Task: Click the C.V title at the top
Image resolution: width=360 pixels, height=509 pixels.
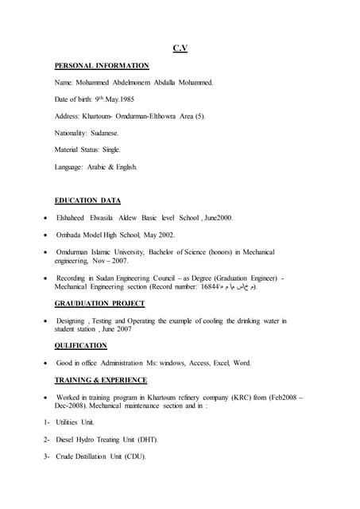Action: (180, 49)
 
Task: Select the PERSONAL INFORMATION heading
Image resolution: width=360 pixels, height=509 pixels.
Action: (102, 65)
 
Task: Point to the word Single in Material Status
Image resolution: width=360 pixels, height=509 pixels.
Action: (111, 150)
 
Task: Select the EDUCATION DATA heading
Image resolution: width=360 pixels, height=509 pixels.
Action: (87, 200)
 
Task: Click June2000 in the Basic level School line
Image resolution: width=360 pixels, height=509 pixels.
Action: (219, 218)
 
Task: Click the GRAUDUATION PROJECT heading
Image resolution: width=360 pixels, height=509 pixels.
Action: (99, 304)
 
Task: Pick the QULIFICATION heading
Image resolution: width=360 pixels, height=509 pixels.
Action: (80, 346)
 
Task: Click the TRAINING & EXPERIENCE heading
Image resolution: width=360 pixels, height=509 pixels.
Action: (100, 380)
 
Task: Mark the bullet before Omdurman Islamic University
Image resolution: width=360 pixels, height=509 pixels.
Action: (46, 252)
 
